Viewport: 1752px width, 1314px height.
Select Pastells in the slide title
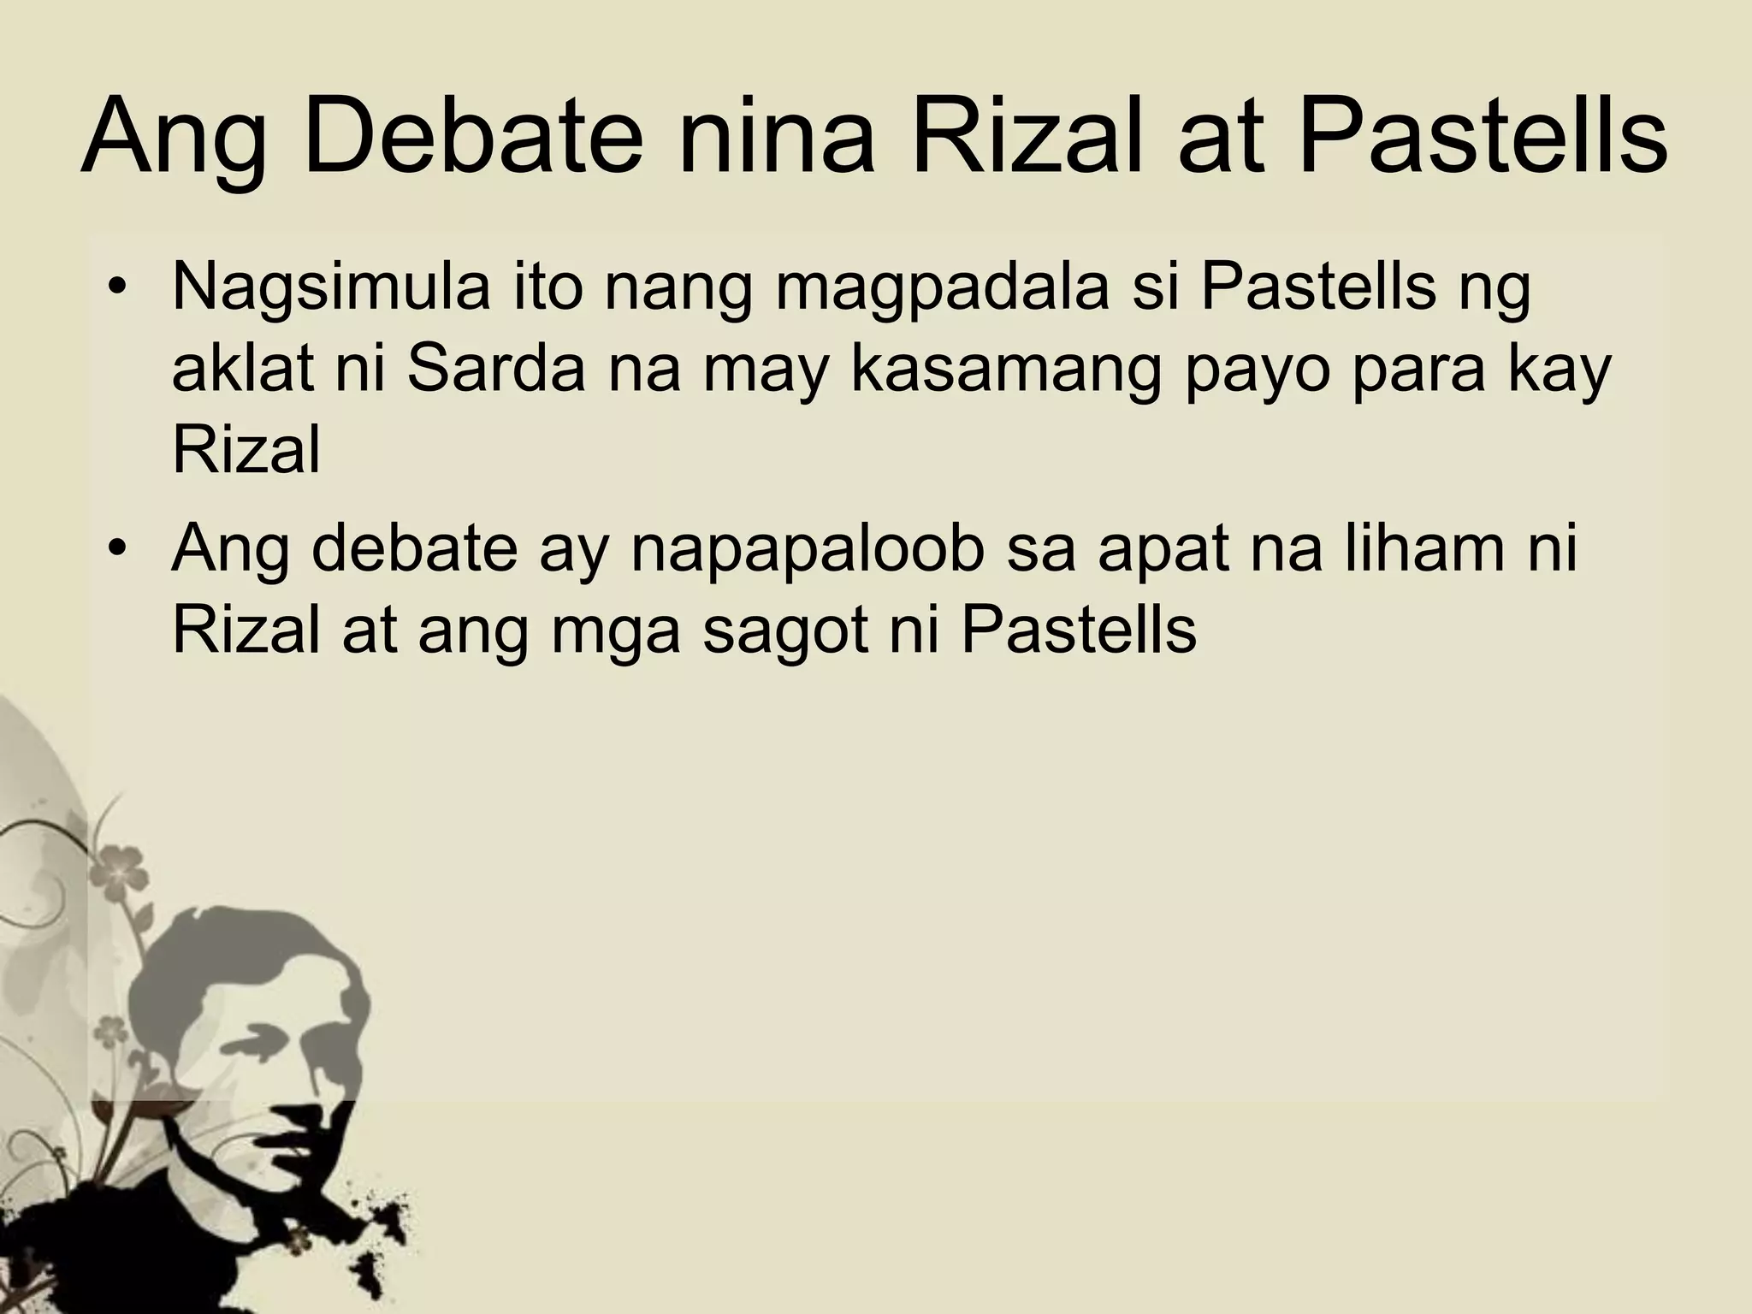click(x=1482, y=137)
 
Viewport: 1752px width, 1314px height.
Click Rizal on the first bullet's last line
click(x=246, y=450)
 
